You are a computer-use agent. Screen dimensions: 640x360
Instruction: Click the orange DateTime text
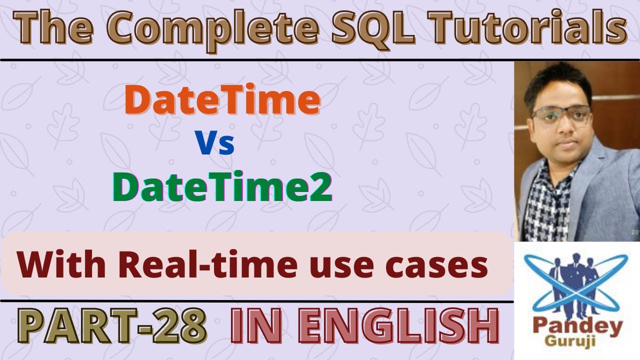(x=222, y=99)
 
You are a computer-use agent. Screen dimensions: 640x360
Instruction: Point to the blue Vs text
(x=215, y=142)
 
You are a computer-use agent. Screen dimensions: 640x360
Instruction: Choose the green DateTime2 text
(x=222, y=186)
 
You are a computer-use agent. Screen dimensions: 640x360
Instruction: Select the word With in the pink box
(x=61, y=264)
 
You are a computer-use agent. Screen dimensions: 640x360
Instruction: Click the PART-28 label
(x=112, y=325)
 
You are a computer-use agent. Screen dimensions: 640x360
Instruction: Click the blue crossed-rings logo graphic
(x=576, y=285)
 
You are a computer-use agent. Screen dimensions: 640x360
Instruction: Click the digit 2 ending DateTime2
(x=321, y=187)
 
